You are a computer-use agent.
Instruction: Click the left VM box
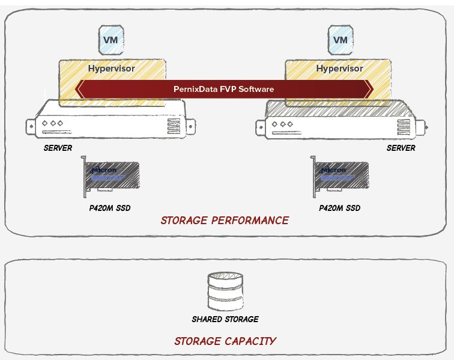click(111, 41)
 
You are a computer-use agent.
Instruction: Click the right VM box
click(340, 41)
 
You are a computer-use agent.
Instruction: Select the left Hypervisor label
click(111, 69)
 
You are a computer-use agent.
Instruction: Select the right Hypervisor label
click(339, 69)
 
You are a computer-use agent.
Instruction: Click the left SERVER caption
click(58, 148)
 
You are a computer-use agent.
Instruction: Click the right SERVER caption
click(401, 148)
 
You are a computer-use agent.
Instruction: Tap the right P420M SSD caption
click(340, 209)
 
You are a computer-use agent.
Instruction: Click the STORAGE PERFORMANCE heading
click(225, 221)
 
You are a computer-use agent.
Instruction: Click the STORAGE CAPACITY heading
click(225, 341)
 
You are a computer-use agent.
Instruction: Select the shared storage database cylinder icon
click(225, 291)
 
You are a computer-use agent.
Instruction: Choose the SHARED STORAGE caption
click(225, 319)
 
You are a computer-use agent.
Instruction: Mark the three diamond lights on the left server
click(52, 123)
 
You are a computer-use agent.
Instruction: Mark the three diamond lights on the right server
click(282, 124)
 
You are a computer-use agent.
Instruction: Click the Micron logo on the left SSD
click(102, 170)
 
